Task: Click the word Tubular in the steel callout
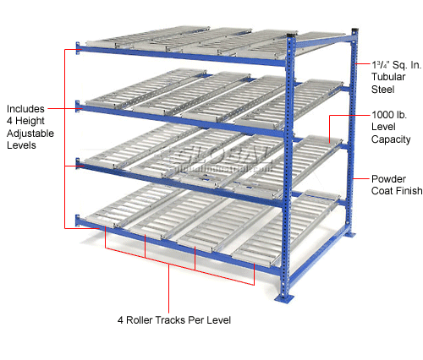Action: point(388,76)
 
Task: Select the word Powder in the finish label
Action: point(387,179)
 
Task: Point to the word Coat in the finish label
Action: point(382,192)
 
